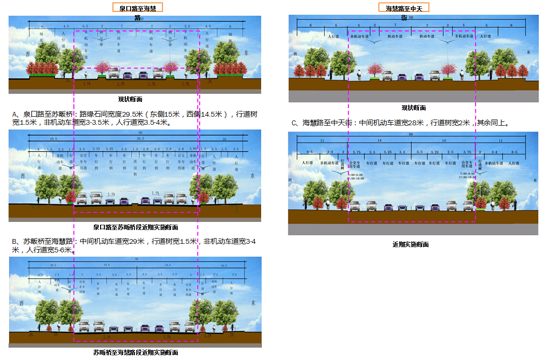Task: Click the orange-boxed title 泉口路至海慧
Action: point(137,7)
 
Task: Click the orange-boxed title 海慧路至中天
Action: point(404,7)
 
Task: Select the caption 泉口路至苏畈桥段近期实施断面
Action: point(135,228)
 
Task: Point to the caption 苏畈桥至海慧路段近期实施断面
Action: point(136,353)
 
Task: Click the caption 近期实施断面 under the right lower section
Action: point(410,244)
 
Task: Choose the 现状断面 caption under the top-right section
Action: point(413,108)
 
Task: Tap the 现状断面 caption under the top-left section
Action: point(130,100)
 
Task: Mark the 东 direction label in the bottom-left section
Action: point(253,303)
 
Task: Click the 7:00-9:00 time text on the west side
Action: point(356,175)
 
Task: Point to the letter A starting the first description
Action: point(15,114)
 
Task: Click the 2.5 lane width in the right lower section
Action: point(450,152)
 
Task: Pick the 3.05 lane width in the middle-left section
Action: point(192,149)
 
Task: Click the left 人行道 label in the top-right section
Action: point(332,36)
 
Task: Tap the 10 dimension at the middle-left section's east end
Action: point(224,139)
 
